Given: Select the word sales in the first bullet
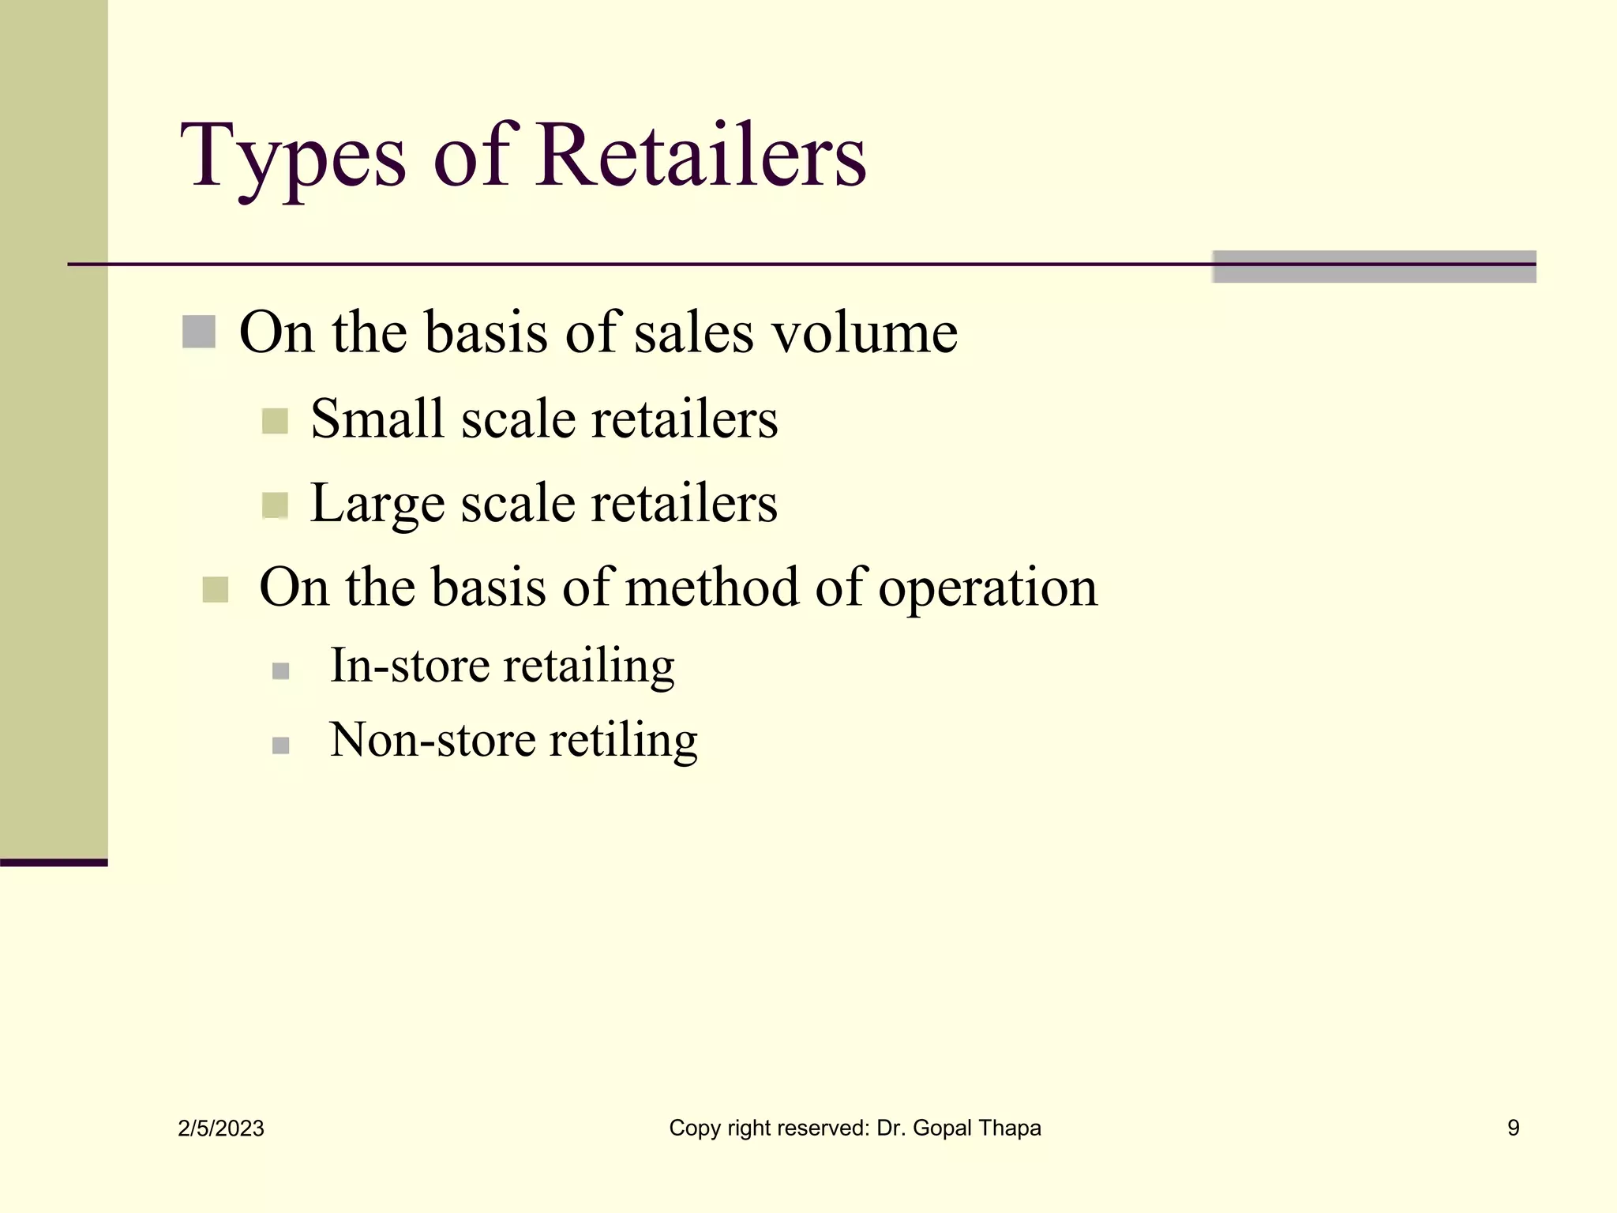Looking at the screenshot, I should point(694,332).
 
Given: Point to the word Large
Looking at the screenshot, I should point(377,504).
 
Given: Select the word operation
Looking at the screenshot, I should point(988,589).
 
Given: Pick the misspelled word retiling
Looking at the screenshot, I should point(624,741).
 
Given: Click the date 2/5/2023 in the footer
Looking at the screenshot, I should point(221,1129).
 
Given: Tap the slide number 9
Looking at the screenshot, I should point(1513,1128).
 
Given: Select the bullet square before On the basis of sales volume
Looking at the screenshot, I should point(199,332).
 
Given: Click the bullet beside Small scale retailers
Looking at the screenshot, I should point(275,421).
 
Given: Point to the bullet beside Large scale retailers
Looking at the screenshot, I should point(275,505).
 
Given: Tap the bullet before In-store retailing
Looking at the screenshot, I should point(280,671).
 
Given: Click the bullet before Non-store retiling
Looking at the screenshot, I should point(280,745).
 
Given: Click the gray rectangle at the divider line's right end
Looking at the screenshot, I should point(1374,267).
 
